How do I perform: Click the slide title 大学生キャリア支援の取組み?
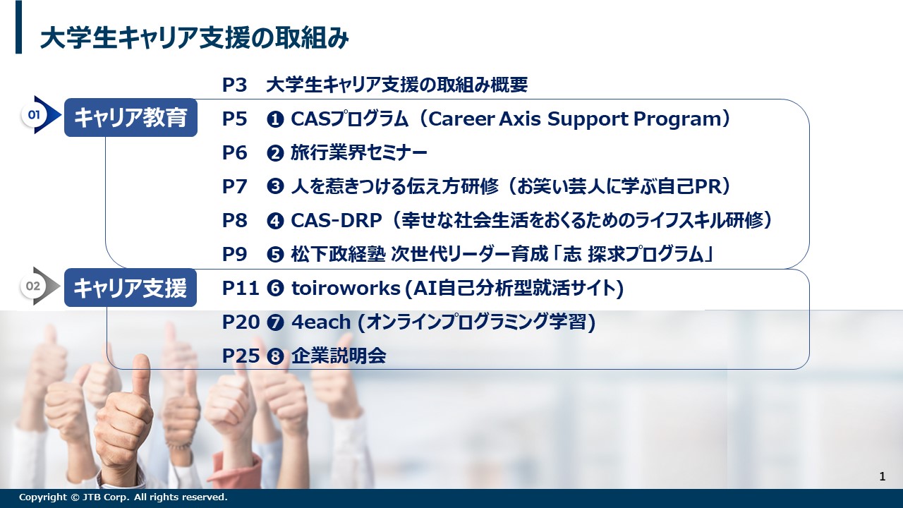pyautogui.click(x=194, y=38)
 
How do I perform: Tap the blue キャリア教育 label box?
pyautogui.click(x=131, y=117)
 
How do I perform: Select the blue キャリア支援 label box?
pyautogui.click(x=131, y=287)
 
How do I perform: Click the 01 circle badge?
pyautogui.click(x=33, y=115)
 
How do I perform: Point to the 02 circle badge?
pyautogui.click(x=33, y=286)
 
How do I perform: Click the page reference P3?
pyautogui.click(x=234, y=85)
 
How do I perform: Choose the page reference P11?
pyautogui.click(x=241, y=289)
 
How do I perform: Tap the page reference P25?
pyautogui.click(x=241, y=356)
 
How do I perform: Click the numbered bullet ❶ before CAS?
pyautogui.click(x=275, y=119)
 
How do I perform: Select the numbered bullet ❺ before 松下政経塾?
pyautogui.click(x=275, y=255)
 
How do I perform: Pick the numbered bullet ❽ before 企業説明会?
pyautogui.click(x=275, y=356)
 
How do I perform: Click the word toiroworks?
pyautogui.click(x=346, y=289)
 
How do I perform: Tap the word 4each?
pyautogui.click(x=321, y=322)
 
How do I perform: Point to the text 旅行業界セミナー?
pyautogui.click(x=359, y=153)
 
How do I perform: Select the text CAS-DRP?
pyautogui.click(x=337, y=221)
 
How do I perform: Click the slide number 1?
pyautogui.click(x=883, y=476)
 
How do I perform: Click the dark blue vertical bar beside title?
pyautogui.click(x=18, y=27)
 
